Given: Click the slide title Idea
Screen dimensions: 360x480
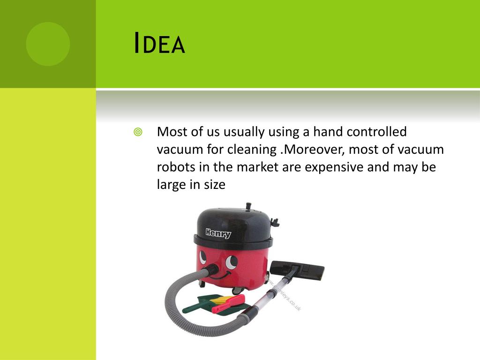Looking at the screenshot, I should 159,44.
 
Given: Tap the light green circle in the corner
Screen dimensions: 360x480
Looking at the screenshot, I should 48,44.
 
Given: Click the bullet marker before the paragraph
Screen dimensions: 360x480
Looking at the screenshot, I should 138,132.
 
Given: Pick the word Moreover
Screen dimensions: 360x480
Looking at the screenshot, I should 317,150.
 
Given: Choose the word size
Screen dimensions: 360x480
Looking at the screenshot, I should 214,185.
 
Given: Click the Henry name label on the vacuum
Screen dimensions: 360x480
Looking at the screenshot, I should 218,232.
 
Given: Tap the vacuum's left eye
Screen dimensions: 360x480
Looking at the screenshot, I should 203,257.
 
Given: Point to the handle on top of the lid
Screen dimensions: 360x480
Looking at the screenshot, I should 247,207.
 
